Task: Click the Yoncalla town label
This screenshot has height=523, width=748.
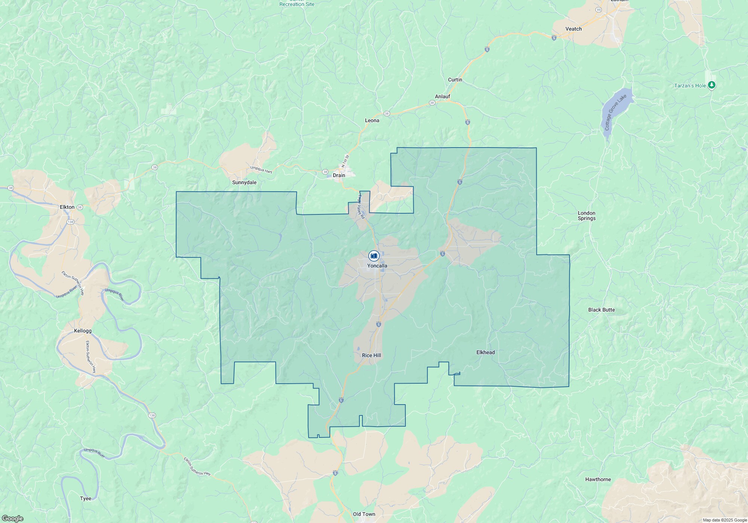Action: [377, 266]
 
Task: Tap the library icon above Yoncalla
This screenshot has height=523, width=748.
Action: [374, 256]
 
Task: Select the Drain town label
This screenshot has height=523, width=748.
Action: [339, 175]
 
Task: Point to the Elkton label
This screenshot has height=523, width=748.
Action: [67, 207]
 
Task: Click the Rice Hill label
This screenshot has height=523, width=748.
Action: [371, 355]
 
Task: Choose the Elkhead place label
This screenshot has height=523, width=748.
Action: [485, 352]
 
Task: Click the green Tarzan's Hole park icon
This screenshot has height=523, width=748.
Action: [712, 86]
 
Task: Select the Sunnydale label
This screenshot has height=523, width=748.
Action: [244, 182]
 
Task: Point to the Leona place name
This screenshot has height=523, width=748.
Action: [372, 120]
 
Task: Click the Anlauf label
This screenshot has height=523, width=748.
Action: [442, 96]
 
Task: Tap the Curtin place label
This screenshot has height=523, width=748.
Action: [455, 80]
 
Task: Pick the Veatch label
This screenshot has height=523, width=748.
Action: [573, 29]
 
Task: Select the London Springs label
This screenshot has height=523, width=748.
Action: [586, 216]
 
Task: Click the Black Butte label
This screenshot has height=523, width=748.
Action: [601, 310]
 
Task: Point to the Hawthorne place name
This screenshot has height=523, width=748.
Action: [598, 479]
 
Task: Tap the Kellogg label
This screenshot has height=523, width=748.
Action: [83, 331]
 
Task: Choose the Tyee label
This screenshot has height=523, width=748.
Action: [86, 498]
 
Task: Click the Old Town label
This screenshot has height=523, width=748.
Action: [364, 514]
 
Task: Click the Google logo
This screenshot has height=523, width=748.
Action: [12, 519]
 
